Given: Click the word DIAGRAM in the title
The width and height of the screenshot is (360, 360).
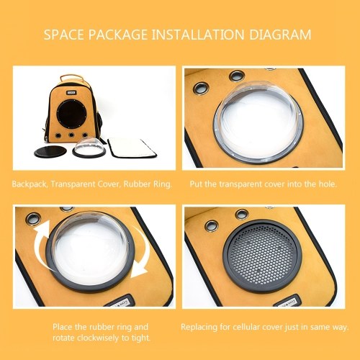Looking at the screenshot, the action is (x=280, y=35).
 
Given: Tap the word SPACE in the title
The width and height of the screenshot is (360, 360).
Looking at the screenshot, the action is (x=63, y=35).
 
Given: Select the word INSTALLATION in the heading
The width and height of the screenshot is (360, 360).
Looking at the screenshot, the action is (x=198, y=35).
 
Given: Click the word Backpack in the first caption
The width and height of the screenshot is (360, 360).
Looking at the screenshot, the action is (x=30, y=184).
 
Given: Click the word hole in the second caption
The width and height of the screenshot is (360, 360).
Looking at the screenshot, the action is (x=328, y=184).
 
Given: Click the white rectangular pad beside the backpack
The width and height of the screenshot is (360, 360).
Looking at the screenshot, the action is (x=132, y=148).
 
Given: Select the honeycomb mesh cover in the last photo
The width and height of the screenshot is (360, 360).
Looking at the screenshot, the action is (x=261, y=256).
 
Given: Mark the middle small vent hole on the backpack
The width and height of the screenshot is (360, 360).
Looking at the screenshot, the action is (x=71, y=135).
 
